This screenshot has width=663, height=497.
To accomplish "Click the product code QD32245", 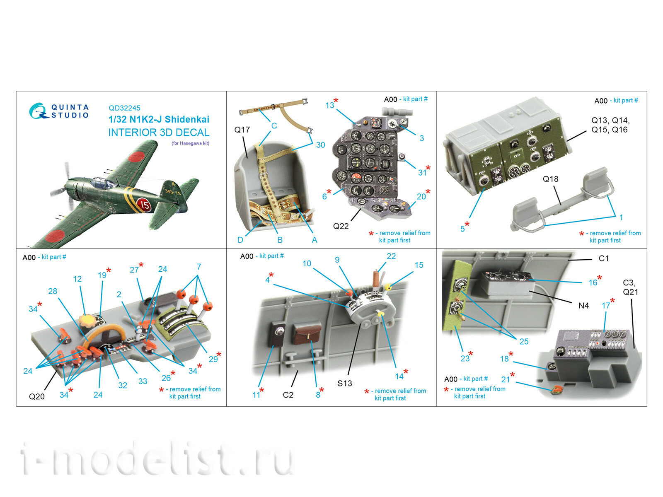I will point(124,108).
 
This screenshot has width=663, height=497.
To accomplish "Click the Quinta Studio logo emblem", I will point(38,111).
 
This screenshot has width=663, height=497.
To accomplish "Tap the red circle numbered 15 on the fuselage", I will point(144,204).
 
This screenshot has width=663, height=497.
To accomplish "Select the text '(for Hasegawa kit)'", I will point(190,143).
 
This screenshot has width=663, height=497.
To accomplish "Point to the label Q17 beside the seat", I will point(242,130).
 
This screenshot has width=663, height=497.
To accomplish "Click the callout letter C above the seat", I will point(274,125).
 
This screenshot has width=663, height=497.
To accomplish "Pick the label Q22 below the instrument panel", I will point(341,226).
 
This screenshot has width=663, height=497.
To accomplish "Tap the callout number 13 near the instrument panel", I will point(329,105).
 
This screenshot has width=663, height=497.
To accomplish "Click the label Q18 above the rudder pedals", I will point(550,179).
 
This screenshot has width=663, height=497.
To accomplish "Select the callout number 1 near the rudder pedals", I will point(621,217).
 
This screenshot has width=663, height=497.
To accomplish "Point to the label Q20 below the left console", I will point(36,396).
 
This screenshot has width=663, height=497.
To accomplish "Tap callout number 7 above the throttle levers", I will point(199,267).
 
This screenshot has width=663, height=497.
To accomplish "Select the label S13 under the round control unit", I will point(344,383).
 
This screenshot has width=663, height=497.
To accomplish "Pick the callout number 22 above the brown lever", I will point(391,256).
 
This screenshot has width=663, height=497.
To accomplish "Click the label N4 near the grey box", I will point(583,306).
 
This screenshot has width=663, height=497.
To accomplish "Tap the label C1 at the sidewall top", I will point(603,258).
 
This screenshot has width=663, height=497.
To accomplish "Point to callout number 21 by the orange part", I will point(505,379).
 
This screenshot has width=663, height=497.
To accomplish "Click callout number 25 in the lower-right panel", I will point(524,341).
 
